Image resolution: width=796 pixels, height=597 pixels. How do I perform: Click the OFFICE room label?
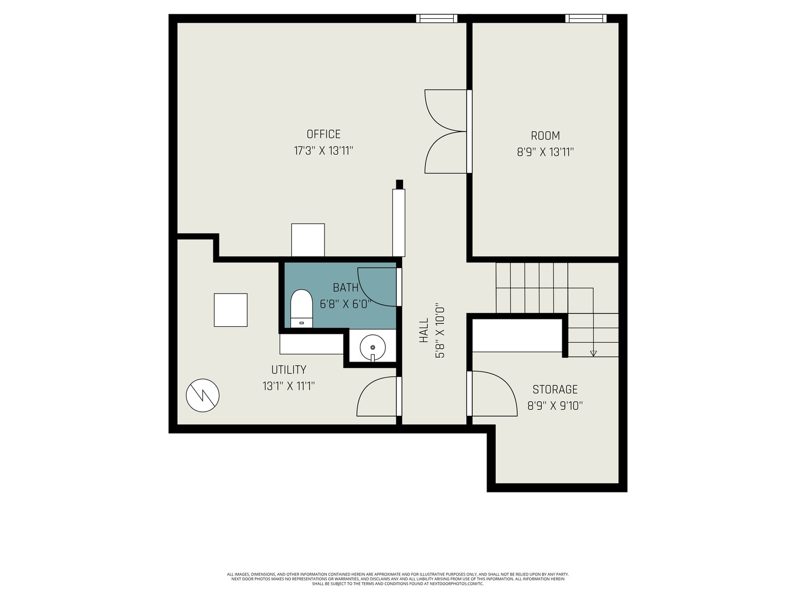323,134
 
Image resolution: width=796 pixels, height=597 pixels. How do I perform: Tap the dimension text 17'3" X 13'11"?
323,150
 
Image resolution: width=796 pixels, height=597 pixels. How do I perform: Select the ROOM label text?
545,135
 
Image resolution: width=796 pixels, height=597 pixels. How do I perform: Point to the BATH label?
345,287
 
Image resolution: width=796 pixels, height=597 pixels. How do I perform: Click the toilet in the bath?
301,308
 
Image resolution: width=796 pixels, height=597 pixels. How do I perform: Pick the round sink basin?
373,347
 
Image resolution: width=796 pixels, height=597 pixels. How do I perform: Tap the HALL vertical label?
424,330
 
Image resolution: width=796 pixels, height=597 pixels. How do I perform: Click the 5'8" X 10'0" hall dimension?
440,330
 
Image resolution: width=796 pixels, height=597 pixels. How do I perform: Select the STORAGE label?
555,389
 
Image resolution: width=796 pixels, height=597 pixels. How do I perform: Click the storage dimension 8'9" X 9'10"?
555,406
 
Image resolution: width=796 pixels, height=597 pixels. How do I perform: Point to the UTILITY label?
289,370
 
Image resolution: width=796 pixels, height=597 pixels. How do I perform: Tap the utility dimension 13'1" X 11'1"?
289,386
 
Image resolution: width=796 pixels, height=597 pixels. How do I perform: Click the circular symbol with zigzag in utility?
203,395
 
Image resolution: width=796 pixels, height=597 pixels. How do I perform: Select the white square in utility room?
231,310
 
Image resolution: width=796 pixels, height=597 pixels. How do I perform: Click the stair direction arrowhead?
593,353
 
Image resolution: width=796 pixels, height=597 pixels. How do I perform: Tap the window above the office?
437,19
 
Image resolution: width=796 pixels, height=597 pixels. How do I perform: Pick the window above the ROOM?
586,19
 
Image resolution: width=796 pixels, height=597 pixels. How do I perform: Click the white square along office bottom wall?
308,240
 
